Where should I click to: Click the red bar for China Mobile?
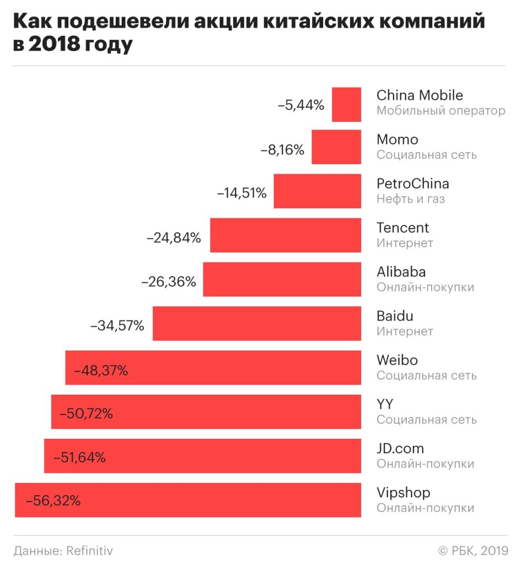tap(346, 104)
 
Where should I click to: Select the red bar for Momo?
tap(336, 147)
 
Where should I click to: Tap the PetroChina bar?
tap(318, 191)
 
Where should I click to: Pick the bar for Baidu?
tap(257, 324)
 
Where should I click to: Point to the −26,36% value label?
tap(169, 282)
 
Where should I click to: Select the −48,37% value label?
tap(100, 370)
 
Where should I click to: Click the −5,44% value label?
tap(300, 105)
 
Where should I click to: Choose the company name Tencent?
tap(402, 228)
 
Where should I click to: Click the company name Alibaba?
tap(401, 272)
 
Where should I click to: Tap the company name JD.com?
tap(400, 448)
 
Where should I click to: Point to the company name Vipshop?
tap(403, 493)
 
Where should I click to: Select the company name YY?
tap(385, 404)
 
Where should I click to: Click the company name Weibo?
tap(397, 360)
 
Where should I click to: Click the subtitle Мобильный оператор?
tap(441, 111)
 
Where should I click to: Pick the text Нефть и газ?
tap(410, 199)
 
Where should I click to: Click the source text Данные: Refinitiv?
tap(63, 550)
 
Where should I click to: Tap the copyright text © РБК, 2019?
tap(472, 550)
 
